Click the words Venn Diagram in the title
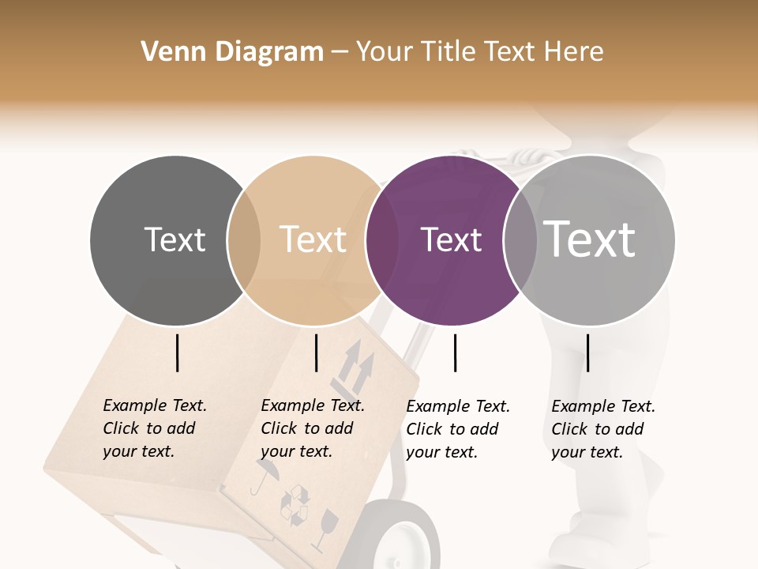(x=232, y=52)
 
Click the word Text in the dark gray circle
(x=174, y=239)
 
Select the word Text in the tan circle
(x=313, y=239)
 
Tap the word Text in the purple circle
(x=451, y=239)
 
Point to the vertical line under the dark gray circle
(x=178, y=352)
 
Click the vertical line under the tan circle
(x=316, y=352)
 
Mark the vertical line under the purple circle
(x=455, y=352)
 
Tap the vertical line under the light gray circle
(x=587, y=352)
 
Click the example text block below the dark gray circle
(x=155, y=428)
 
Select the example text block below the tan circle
(x=313, y=428)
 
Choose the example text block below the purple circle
(x=458, y=429)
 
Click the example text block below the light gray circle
(x=603, y=429)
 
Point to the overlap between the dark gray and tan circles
(x=244, y=240)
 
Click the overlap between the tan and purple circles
(x=382, y=240)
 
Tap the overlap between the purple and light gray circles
(x=520, y=240)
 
